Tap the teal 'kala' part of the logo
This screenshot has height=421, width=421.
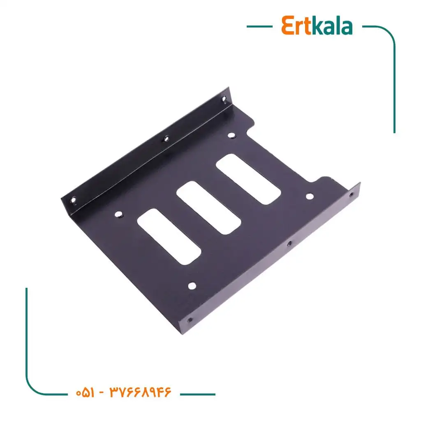pos(332,25)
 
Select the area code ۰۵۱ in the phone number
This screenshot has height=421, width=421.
pos(85,393)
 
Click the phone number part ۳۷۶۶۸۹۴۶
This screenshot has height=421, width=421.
pos(140,392)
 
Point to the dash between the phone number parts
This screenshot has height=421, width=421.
pos(102,393)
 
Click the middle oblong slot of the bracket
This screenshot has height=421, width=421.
pos(208,208)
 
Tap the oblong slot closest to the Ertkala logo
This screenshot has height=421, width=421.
pos(248,179)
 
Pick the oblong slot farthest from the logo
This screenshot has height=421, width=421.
pos(169,236)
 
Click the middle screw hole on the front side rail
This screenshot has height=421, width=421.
pos(289,243)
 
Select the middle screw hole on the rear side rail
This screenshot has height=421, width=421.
pos(166,139)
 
